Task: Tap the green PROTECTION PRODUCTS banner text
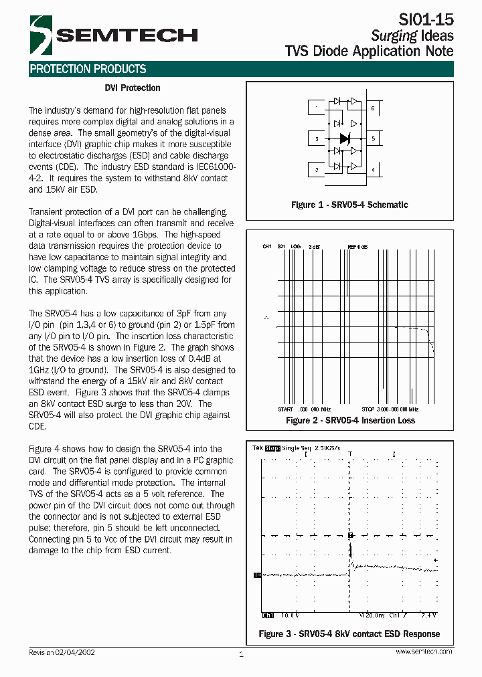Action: [88, 69]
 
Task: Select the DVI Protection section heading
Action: [133, 88]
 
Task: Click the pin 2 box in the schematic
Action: [317, 138]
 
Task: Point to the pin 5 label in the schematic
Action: [373, 138]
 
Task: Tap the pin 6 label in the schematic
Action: [373, 108]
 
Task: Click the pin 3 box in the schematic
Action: [317, 170]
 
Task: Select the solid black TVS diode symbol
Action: [345, 138]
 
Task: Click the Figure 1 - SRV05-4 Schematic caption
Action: [349, 205]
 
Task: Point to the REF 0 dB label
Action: [357, 247]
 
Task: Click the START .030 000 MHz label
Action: [304, 409]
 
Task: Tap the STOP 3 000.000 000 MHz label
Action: [390, 409]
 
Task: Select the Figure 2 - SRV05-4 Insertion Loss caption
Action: [350, 420]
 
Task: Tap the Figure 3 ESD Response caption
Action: [349, 634]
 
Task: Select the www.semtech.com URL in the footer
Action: [423, 652]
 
